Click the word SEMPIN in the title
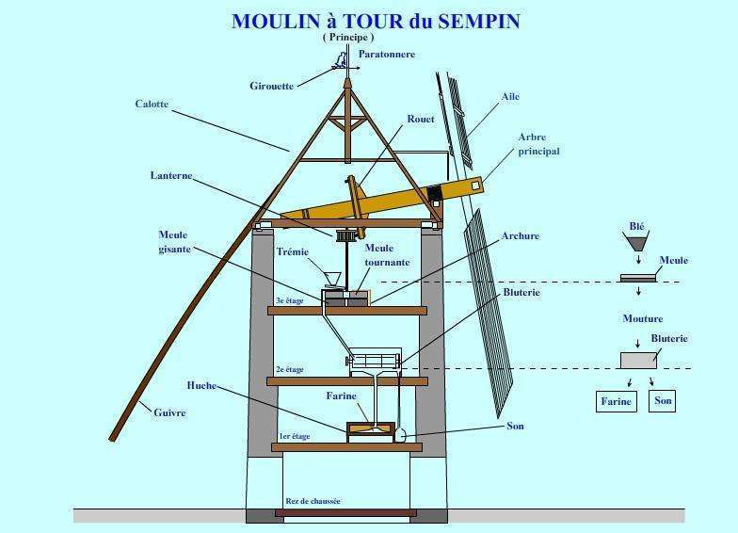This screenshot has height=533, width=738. point(479,21)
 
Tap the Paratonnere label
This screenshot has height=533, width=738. point(387,55)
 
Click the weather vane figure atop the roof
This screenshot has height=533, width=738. point(341,59)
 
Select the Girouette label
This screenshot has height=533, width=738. point(271,87)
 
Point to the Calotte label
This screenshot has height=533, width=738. point(152,104)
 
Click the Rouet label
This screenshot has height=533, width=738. point(421,119)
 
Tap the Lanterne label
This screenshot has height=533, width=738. point(171,175)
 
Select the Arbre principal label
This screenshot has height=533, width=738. point(538,144)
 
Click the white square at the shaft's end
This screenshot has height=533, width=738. point(475,185)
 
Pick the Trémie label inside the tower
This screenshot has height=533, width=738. point(292,252)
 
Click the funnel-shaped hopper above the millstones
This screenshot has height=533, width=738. point(333,279)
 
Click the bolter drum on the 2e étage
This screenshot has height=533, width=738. point(375,361)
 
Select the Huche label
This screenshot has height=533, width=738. point(201,385)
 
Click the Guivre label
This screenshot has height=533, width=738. point(169,412)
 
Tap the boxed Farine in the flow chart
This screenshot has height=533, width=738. point(616,401)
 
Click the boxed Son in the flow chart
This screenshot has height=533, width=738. point(663,401)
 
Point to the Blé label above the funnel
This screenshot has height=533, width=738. point(636,226)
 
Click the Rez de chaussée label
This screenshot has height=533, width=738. point(313,501)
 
